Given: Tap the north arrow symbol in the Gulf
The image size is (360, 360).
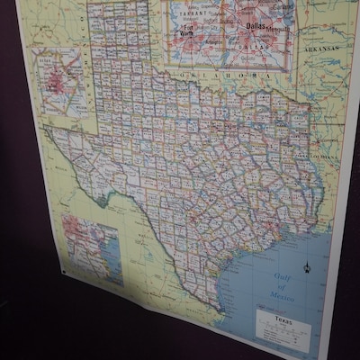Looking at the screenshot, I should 307,267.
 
